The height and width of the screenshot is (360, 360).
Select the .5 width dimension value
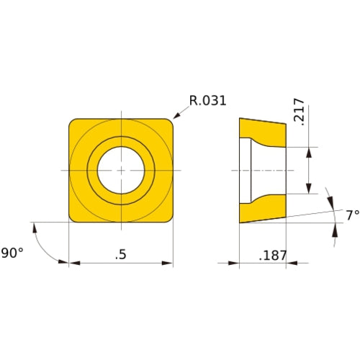[122, 253]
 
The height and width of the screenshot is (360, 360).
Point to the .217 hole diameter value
[301, 112]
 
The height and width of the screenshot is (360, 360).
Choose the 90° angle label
[12, 253]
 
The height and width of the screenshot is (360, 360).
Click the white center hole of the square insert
[122, 170]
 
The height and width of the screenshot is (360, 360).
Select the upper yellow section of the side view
[261, 132]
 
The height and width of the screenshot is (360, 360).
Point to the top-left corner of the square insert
[72, 121]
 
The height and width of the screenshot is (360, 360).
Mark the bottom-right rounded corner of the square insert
[170, 218]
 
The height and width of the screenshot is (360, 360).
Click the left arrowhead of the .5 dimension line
[73, 263]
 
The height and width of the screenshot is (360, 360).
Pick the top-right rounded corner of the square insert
[170, 122]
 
